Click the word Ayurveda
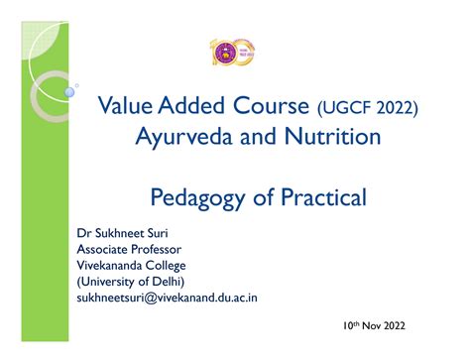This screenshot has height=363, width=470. [x=182, y=134]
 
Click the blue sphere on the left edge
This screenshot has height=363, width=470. [x=69, y=91]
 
